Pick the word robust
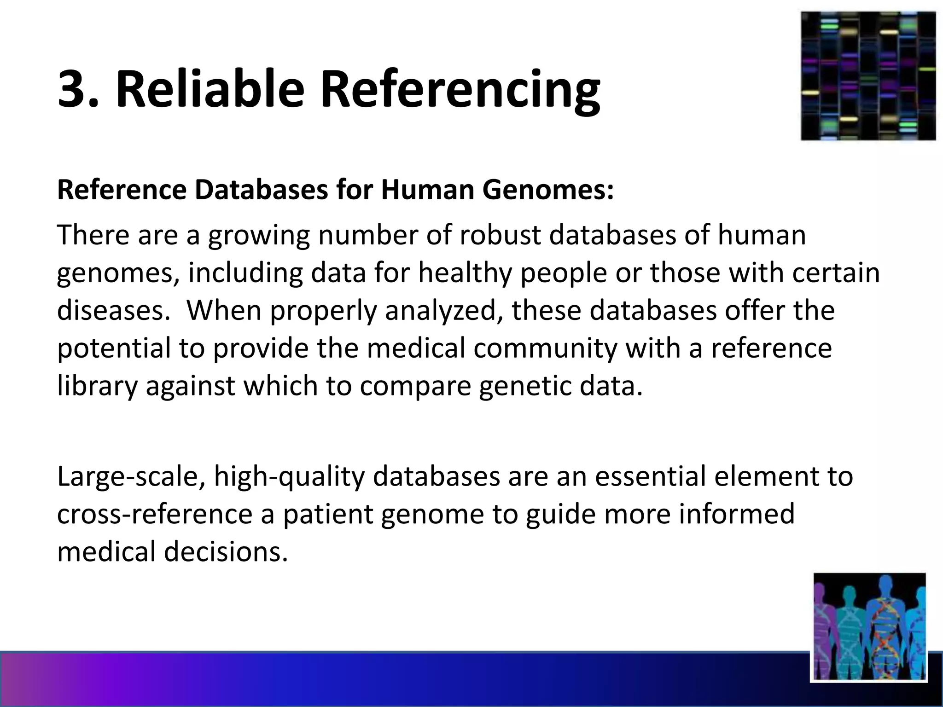click(499, 235)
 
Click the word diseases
click(111, 310)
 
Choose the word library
click(97, 386)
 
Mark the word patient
click(328, 514)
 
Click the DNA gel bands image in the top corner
click(868, 76)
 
